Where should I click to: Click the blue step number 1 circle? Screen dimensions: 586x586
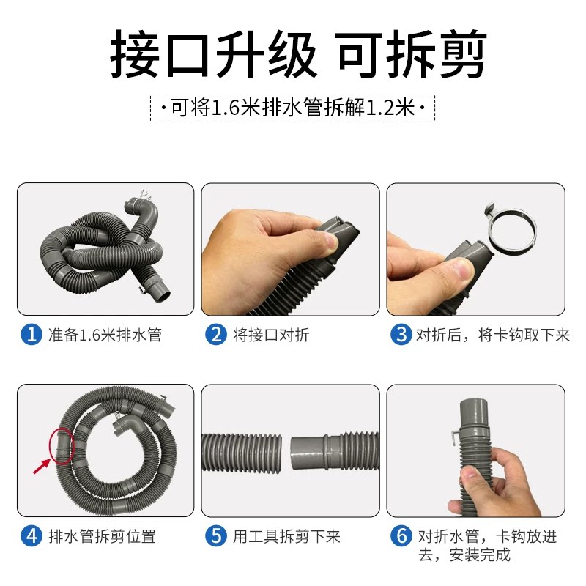pyautogui.click(x=31, y=335)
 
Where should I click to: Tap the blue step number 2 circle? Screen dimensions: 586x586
pyautogui.click(x=216, y=335)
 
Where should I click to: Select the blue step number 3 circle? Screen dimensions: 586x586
pyautogui.click(x=401, y=335)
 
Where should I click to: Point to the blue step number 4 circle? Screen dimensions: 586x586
pyautogui.click(x=31, y=536)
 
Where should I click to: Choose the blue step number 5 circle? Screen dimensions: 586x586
pyautogui.click(x=216, y=536)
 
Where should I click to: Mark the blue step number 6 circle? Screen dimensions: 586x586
pyautogui.click(x=401, y=536)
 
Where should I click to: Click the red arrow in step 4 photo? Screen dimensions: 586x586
pyautogui.click(x=42, y=464)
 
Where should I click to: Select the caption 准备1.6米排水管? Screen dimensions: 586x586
pyautogui.click(x=105, y=335)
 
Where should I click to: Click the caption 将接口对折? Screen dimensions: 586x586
pyautogui.click(x=271, y=335)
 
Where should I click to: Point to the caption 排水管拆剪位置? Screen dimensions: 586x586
pyautogui.click(x=102, y=536)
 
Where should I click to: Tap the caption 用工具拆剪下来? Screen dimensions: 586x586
pyautogui.click(x=286, y=536)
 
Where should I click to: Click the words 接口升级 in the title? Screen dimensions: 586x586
pyautogui.click(x=213, y=57)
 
